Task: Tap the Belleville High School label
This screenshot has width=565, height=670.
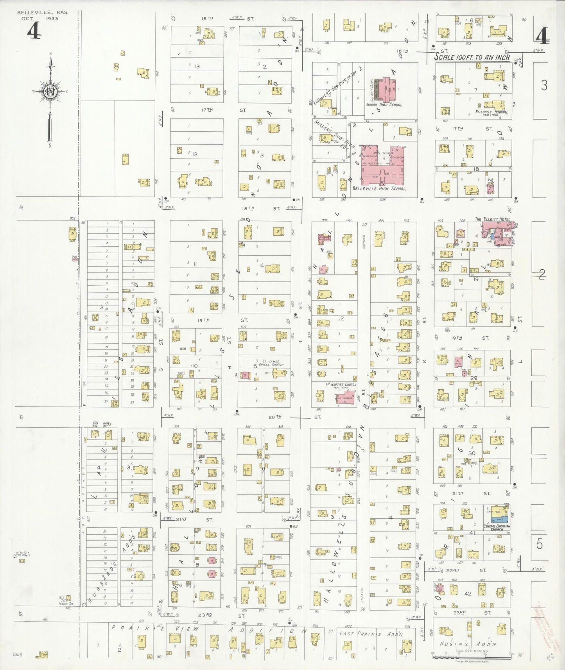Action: tap(378, 188)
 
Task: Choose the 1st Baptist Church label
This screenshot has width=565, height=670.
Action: tap(341, 385)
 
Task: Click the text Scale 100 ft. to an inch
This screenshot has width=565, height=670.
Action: tap(472, 57)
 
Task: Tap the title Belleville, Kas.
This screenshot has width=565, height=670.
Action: tap(42, 13)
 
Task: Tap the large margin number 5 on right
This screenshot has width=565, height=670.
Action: tap(540, 544)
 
